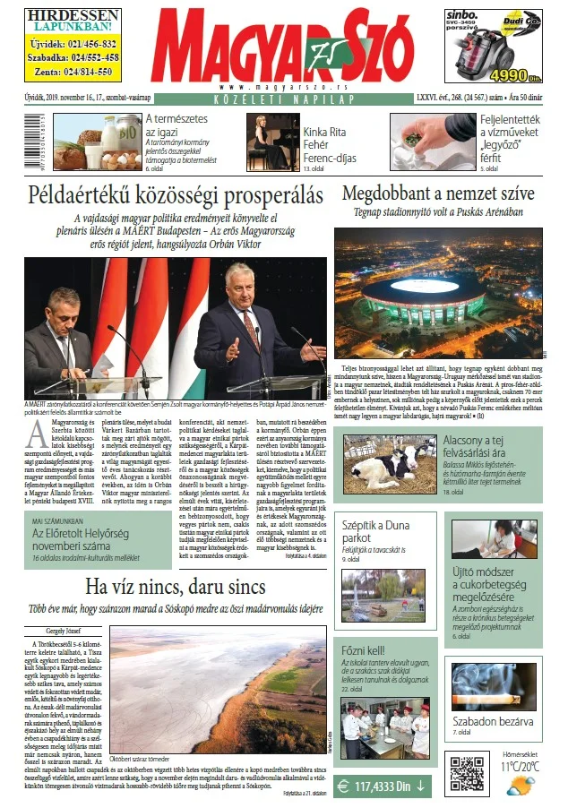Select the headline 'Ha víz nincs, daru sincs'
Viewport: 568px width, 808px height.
[x=175, y=587]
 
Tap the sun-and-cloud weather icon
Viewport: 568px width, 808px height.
[x=521, y=786]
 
